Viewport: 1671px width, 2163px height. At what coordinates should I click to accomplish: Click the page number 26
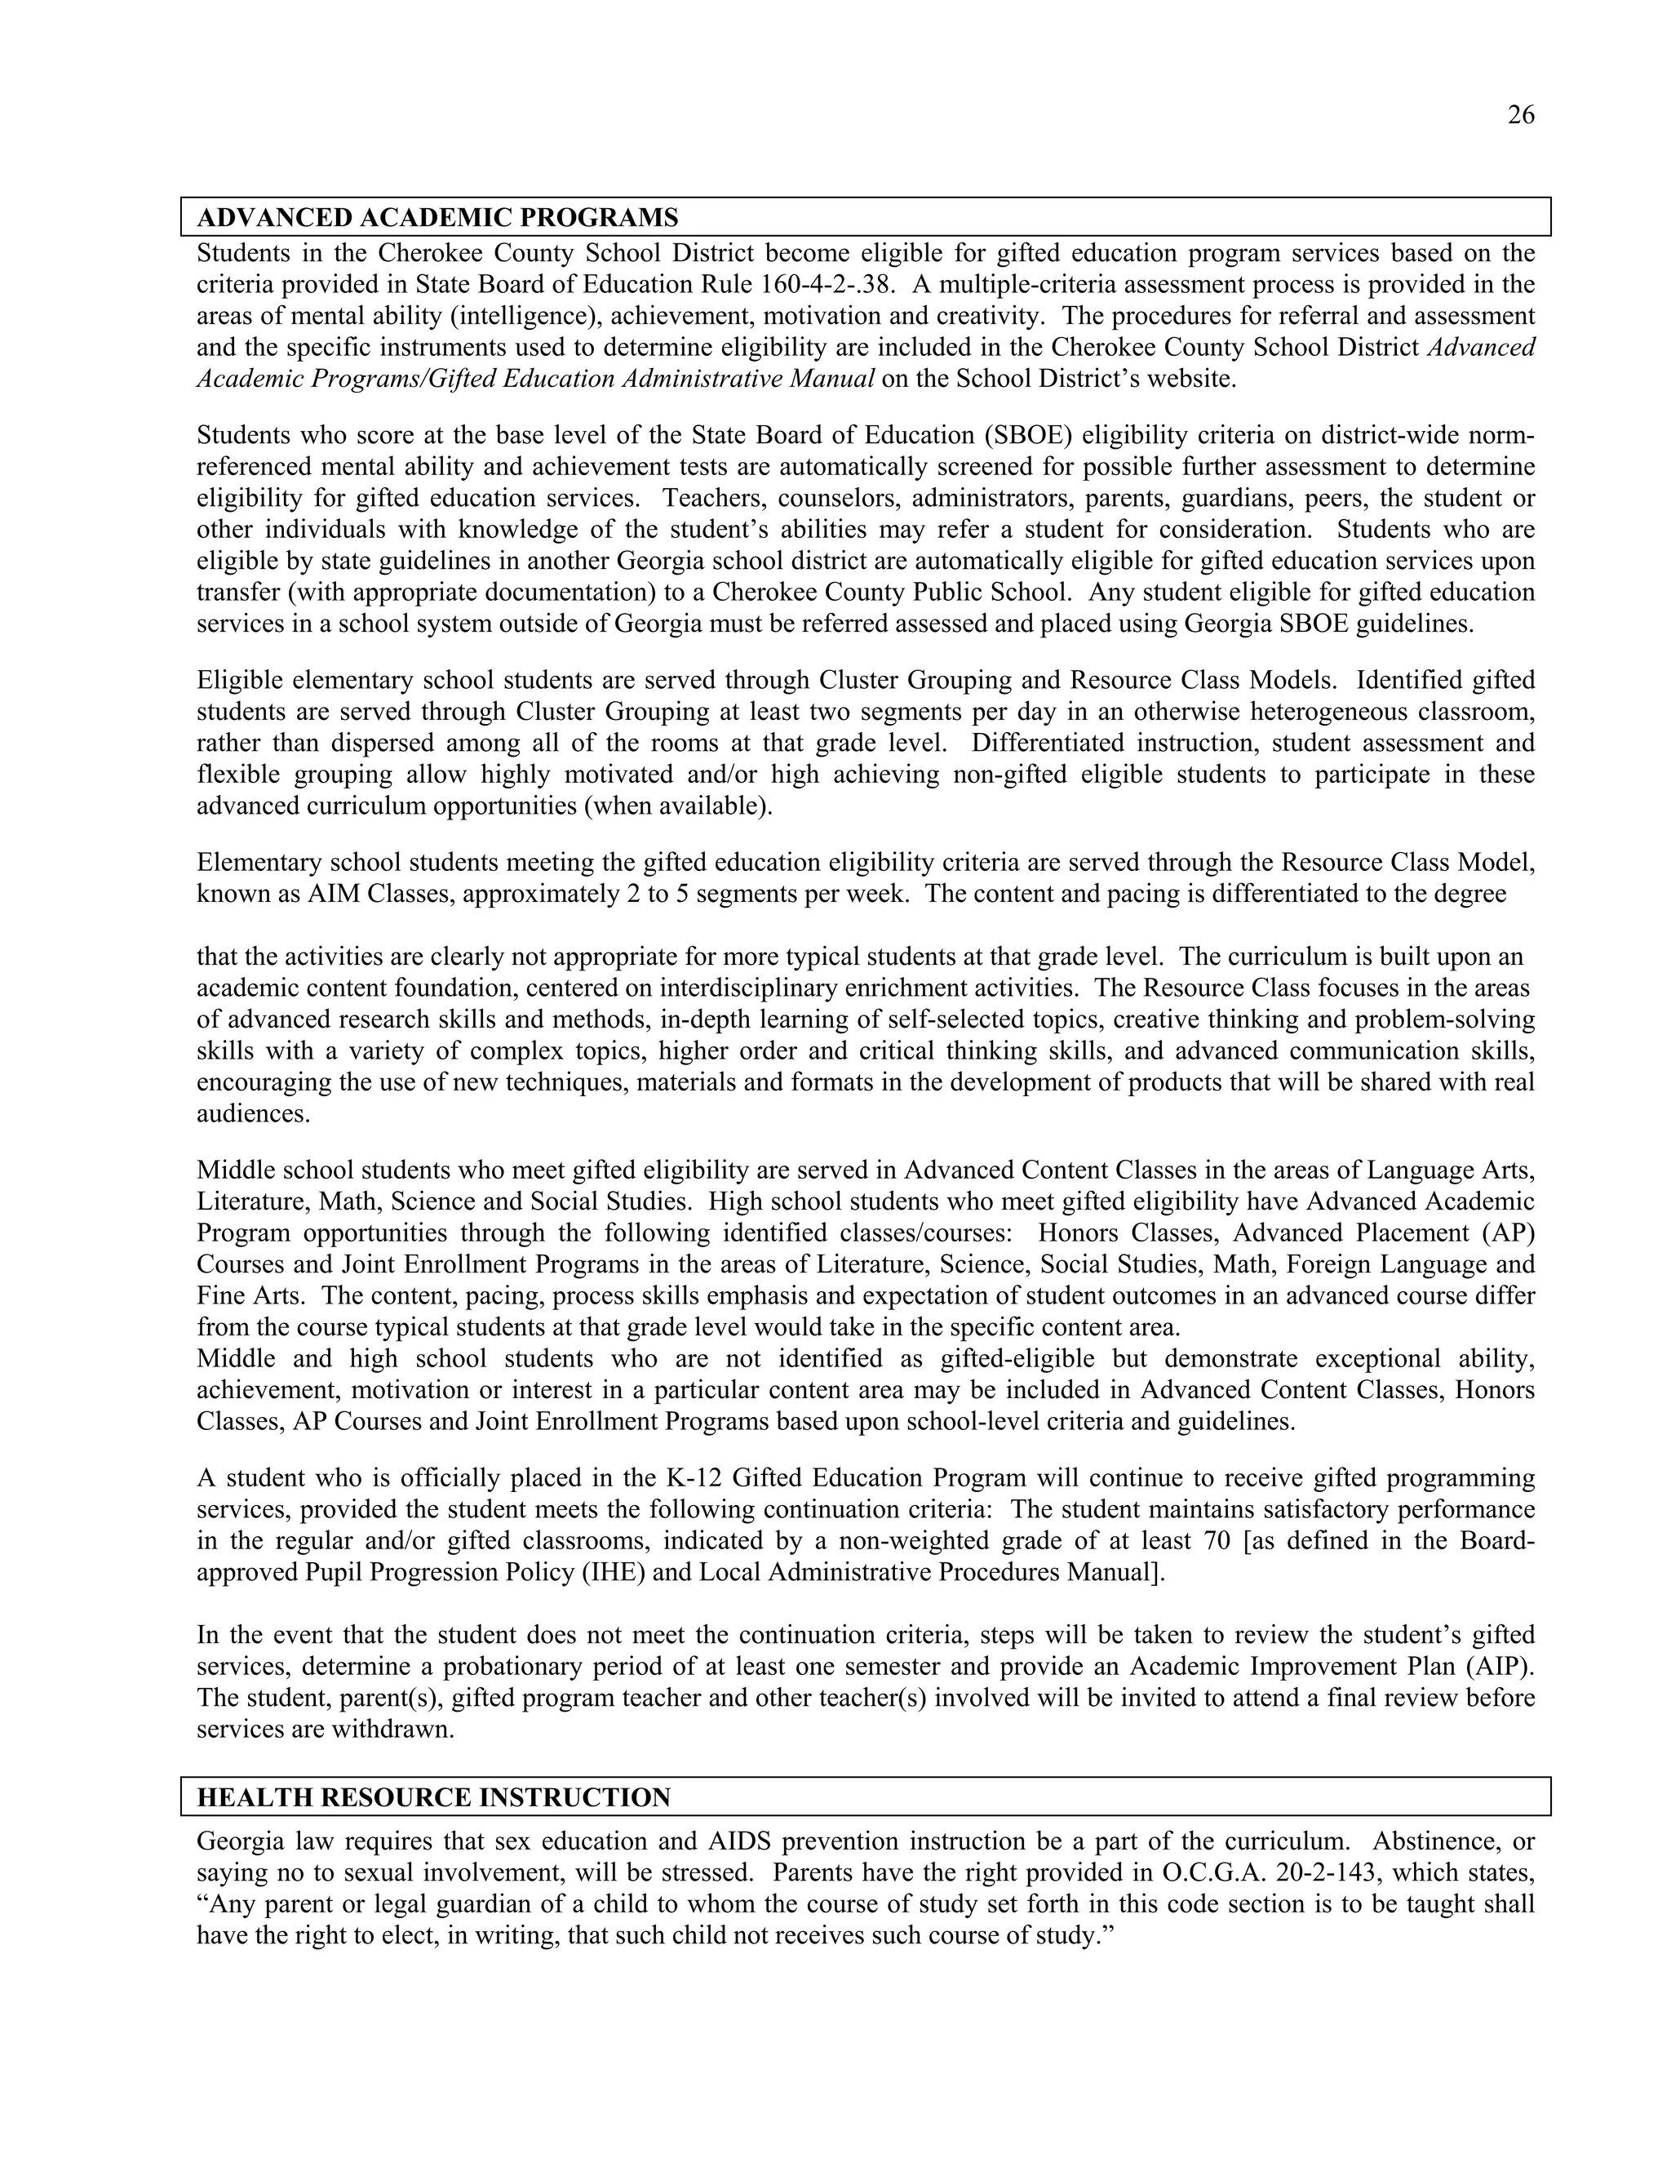click(x=1521, y=116)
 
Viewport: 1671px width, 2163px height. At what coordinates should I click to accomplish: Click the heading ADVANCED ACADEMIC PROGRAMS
click(x=437, y=218)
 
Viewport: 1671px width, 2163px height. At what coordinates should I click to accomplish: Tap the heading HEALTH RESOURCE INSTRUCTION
click(x=432, y=1797)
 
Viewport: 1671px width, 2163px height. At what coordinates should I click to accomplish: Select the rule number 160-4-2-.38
click(x=829, y=285)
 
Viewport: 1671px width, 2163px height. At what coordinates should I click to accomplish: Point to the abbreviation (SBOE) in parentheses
click(x=1030, y=436)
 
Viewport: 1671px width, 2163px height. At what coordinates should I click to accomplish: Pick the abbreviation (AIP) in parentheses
click(x=1503, y=1665)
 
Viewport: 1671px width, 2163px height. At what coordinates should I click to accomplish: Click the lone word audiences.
click(x=254, y=1114)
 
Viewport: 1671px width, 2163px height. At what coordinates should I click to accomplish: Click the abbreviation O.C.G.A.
click(x=1213, y=1872)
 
